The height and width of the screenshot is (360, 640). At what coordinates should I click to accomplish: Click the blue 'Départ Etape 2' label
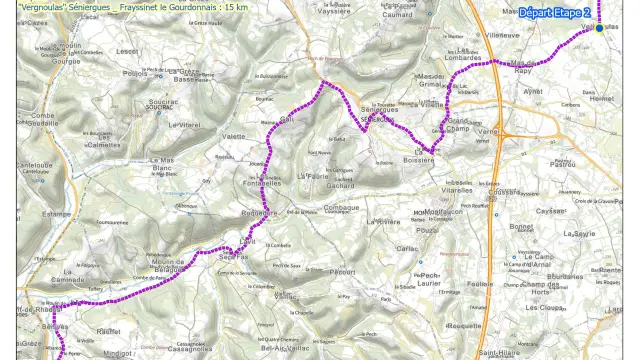tap(554, 13)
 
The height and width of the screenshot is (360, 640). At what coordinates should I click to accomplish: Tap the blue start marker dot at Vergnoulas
tap(599, 28)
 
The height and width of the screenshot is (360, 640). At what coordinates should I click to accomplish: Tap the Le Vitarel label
tap(185, 124)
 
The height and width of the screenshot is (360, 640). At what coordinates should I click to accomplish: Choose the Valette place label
tap(234, 136)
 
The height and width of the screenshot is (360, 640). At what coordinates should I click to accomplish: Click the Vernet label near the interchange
tap(488, 131)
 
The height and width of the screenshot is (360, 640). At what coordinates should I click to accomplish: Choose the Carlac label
tap(407, 248)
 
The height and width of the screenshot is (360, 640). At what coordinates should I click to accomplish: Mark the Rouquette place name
tap(466, 326)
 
